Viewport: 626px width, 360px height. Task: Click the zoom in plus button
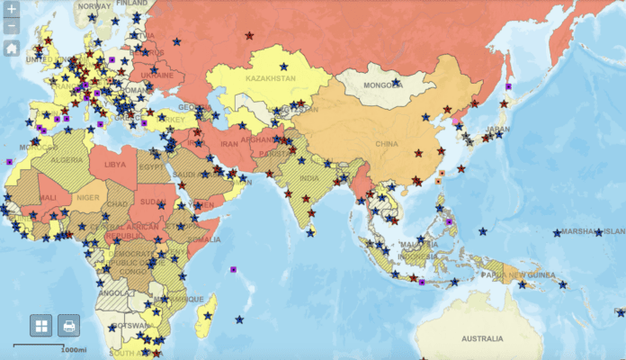tap(11, 9)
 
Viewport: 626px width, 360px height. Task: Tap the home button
tap(11, 48)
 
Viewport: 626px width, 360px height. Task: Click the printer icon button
tap(69, 325)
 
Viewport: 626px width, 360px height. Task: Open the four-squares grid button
tap(41, 325)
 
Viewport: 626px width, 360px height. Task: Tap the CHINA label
tap(386, 143)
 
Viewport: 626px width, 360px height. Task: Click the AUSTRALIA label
tap(482, 338)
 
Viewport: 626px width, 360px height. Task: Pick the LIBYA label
tap(115, 165)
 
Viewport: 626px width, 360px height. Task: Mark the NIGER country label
tap(88, 197)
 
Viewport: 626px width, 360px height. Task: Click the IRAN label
tap(229, 143)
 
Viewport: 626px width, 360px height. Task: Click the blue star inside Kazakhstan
tap(284, 66)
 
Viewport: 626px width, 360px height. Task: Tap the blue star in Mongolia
tap(396, 83)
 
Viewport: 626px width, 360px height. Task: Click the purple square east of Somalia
tap(233, 269)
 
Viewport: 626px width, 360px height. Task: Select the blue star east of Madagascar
tap(239, 319)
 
